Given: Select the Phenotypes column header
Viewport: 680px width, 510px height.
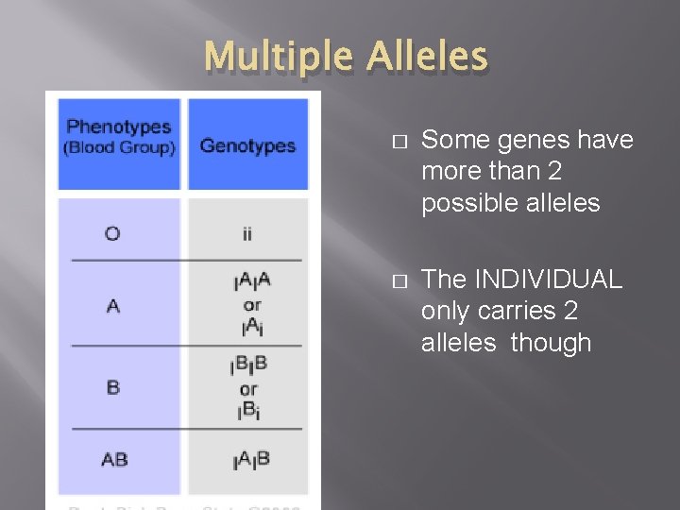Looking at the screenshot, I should [x=119, y=127].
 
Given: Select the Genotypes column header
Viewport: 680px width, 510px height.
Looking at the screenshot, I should [x=247, y=145].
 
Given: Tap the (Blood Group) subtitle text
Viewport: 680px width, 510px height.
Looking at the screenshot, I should [x=119, y=147].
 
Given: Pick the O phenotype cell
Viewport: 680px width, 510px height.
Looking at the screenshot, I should [x=112, y=232].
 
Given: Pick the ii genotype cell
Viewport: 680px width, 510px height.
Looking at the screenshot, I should [x=247, y=233].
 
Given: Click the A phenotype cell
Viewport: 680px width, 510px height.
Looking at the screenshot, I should [x=113, y=306].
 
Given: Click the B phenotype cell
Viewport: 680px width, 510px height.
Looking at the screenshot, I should [x=113, y=387].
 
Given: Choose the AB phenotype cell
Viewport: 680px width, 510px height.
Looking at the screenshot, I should [x=114, y=460].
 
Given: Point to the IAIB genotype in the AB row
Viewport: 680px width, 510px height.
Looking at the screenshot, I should [x=250, y=460].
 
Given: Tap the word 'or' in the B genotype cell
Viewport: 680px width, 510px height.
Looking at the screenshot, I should [x=248, y=388].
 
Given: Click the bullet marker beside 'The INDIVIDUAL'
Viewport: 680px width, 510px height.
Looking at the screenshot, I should [x=399, y=280].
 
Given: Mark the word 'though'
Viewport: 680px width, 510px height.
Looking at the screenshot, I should [x=551, y=343].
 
